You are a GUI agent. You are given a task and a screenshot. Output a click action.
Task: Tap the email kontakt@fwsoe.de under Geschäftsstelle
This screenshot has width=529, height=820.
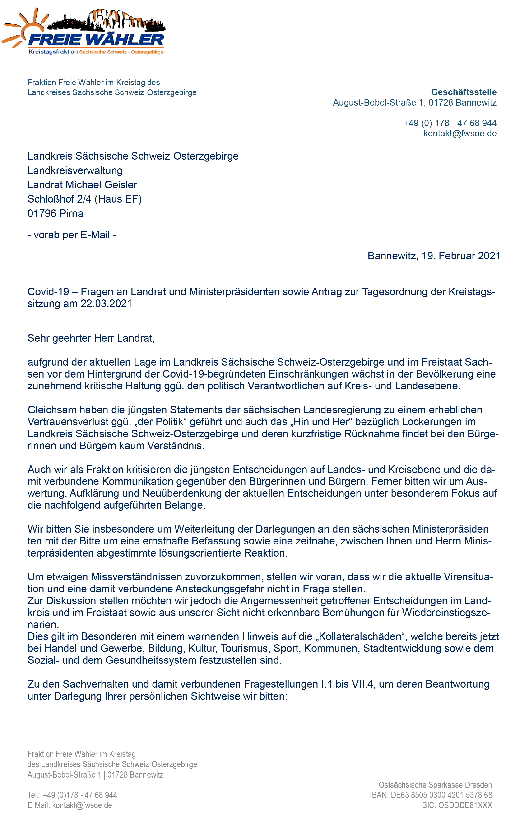(x=459, y=133)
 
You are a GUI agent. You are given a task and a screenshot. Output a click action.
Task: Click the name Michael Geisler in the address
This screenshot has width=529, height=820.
(x=101, y=185)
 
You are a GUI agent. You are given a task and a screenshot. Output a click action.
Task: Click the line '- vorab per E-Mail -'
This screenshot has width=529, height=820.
(x=72, y=235)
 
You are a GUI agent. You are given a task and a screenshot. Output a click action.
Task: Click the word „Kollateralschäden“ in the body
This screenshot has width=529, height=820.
(x=361, y=636)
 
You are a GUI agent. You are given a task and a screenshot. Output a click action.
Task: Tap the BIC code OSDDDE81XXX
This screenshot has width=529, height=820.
(x=465, y=805)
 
